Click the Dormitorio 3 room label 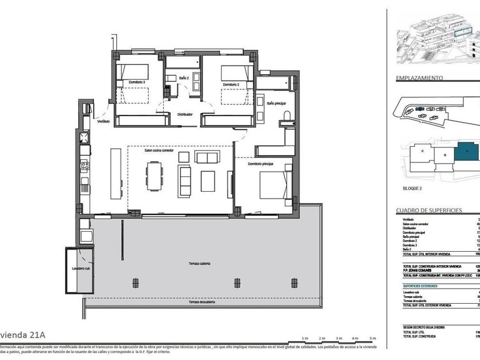[x=137, y=82]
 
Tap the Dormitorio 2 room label [x=231, y=84]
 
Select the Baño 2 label [x=184, y=77]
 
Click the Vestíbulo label [x=103, y=121]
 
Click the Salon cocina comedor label [x=159, y=150]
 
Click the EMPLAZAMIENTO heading [x=420, y=78]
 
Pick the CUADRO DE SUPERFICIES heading [x=429, y=211]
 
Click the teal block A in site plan [x=466, y=152]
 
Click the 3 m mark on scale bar [x=338, y=338]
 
